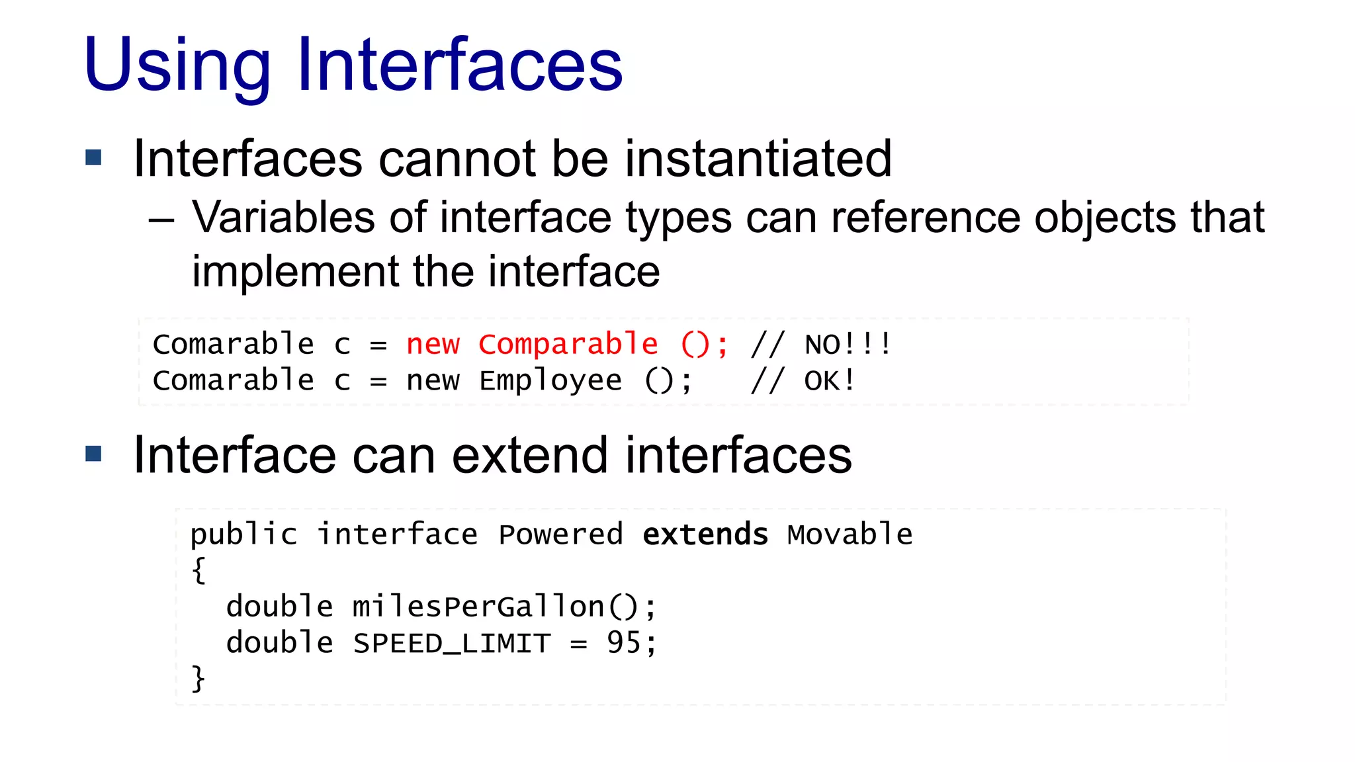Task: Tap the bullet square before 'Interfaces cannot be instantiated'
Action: click(94, 157)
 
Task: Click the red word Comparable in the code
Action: click(568, 344)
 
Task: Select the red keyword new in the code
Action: click(433, 344)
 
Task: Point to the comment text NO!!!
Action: click(848, 345)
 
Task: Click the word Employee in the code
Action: click(550, 381)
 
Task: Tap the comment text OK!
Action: click(830, 381)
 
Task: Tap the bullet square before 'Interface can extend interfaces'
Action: click(94, 454)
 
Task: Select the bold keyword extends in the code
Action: click(705, 534)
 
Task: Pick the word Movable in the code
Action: click(850, 534)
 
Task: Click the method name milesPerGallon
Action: click(478, 607)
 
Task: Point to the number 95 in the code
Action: click(623, 643)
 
